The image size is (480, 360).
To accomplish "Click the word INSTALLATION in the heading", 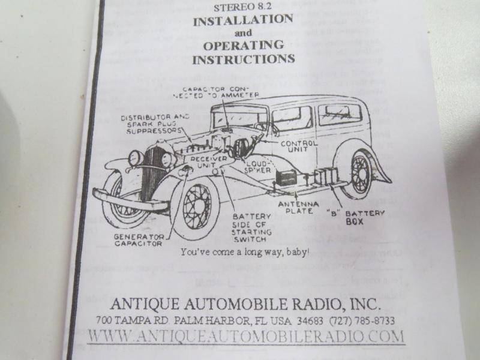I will (242, 20).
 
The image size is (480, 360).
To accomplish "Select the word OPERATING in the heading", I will (243, 46).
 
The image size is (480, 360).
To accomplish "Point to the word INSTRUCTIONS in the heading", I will (243, 59).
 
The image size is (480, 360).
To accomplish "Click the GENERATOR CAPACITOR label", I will (138, 240).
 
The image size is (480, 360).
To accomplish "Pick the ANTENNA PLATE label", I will (298, 208).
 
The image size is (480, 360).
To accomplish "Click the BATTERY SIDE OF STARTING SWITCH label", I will (251, 227).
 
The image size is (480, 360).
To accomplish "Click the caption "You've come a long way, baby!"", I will (245, 253).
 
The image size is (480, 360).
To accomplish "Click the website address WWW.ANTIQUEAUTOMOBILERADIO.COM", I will (246, 336).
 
